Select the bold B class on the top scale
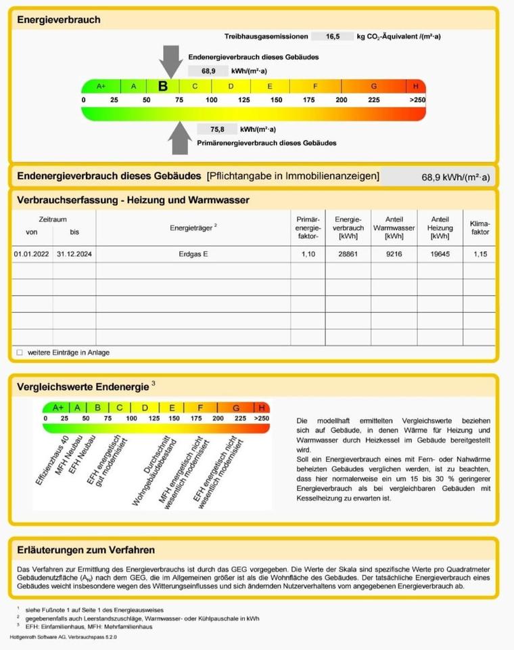pos(163,86)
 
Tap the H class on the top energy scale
pos(415,86)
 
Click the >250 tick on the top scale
pos(417,100)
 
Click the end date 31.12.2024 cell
pos(74,255)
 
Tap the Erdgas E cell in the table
pos(193,255)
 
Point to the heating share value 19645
pos(440,255)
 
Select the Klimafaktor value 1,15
pos(480,255)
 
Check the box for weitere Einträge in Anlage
pos(20,352)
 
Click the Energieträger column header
pos(193,227)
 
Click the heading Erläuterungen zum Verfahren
pos(86,550)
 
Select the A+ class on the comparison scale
pos(57,408)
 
